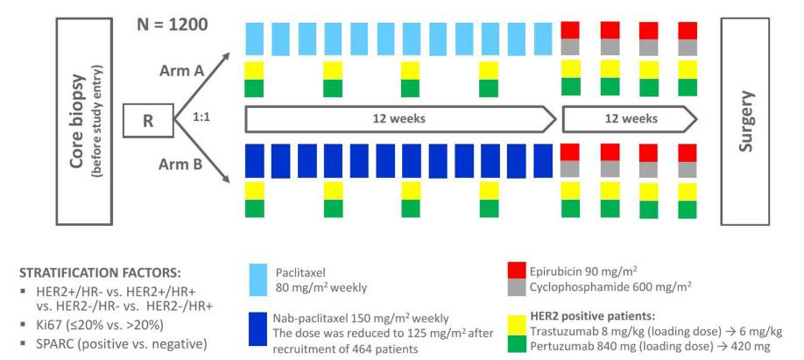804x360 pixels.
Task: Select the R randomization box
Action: [148, 120]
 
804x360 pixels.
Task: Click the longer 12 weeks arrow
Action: [399, 117]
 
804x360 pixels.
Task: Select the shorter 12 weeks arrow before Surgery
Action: [629, 117]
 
